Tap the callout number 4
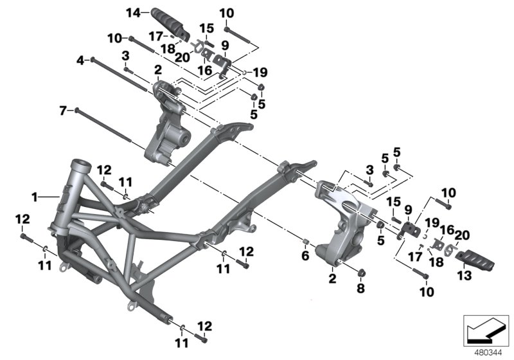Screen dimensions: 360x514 80,60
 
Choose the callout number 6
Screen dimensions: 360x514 306,256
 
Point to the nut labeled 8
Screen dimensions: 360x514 360,271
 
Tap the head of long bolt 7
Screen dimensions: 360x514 77,110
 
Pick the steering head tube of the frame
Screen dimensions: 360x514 80,168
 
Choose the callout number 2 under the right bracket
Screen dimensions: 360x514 332,278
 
